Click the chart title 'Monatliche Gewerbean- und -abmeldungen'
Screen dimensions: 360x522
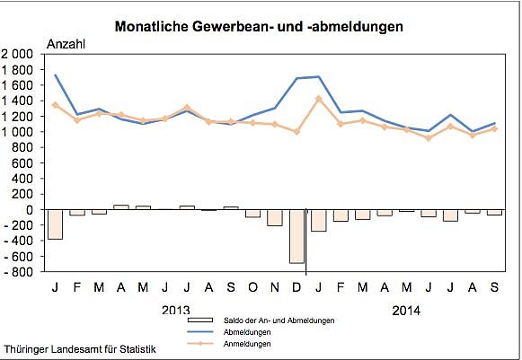(x=259, y=27)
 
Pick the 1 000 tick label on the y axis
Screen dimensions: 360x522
(x=19, y=132)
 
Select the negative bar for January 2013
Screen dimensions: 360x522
(x=56, y=224)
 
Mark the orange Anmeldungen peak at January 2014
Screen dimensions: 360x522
(x=318, y=98)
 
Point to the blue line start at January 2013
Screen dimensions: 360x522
(x=56, y=75)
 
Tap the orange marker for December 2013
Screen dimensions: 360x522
(x=296, y=132)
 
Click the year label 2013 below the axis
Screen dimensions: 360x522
(x=175, y=311)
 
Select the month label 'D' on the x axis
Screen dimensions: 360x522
(x=296, y=287)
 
